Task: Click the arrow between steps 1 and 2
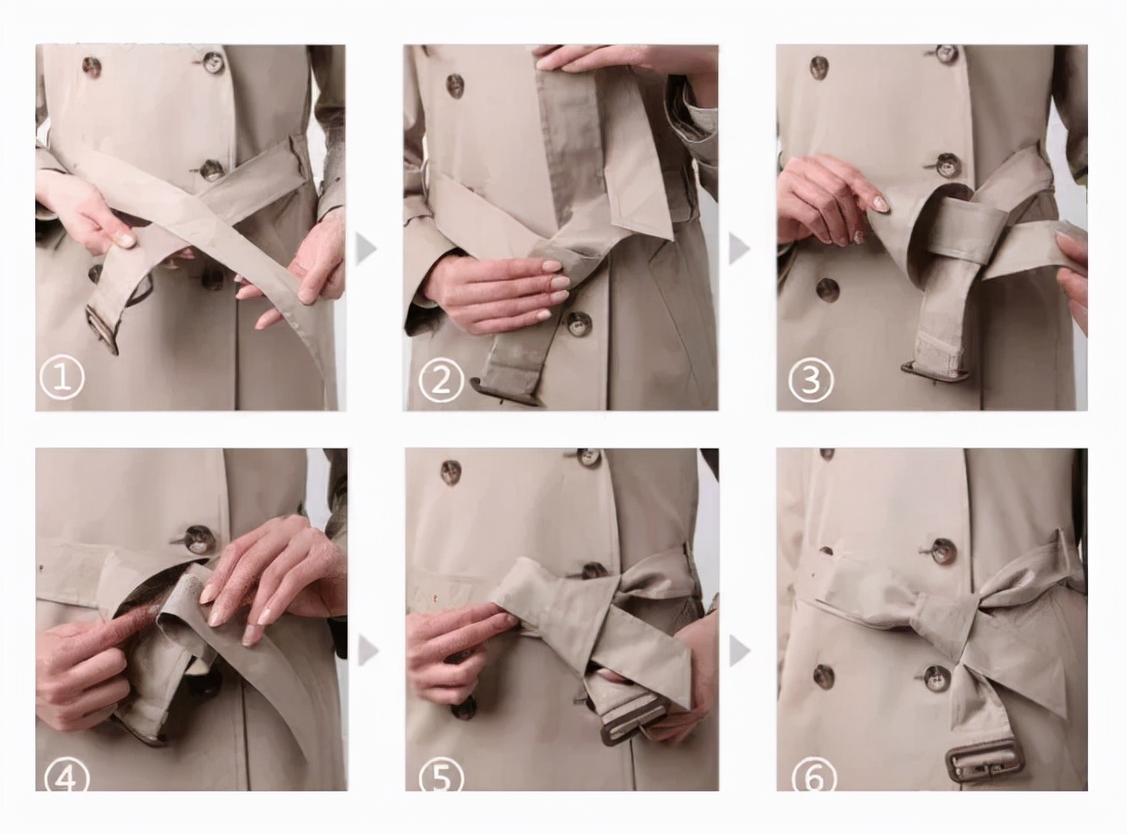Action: click(366, 249)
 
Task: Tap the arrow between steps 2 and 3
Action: click(740, 249)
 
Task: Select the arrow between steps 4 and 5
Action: click(368, 651)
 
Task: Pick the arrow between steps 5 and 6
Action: click(740, 651)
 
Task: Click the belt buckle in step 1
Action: click(102, 330)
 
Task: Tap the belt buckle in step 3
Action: click(935, 370)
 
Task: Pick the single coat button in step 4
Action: click(197, 539)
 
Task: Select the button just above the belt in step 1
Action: click(210, 170)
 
